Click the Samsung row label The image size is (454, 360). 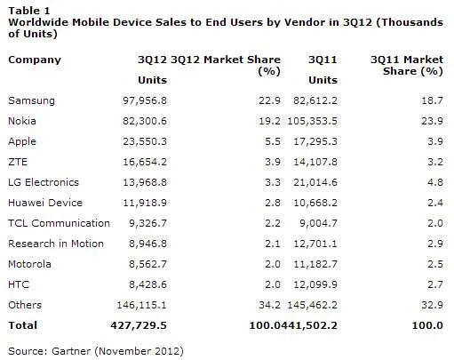pyautogui.click(x=31, y=100)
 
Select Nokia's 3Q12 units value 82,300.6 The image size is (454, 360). pyautogui.click(x=145, y=121)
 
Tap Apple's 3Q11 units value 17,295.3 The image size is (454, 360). pyautogui.click(x=315, y=141)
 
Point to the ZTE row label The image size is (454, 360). pyautogui.click(x=18, y=162)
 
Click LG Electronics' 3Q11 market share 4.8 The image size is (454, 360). pyautogui.click(x=435, y=182)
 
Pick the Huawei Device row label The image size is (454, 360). pyautogui.click(x=45, y=203)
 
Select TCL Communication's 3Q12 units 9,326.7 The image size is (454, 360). pyautogui.click(x=147, y=223)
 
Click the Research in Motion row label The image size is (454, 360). pyautogui.click(x=56, y=244)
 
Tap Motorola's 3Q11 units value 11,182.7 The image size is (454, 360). pyautogui.click(x=315, y=264)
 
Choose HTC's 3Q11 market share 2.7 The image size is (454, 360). pyautogui.click(x=435, y=284)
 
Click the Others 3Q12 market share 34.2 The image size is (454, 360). pyautogui.click(x=269, y=305)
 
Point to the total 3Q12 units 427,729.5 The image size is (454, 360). pyautogui.click(x=139, y=325)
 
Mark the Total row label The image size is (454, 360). pyautogui.click(x=23, y=325)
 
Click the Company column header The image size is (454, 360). pyautogui.click(x=35, y=60)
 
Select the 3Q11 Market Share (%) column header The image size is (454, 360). pyautogui.click(x=407, y=66)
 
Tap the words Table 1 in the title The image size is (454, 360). pyautogui.click(x=29, y=11)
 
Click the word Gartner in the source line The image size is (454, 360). pyautogui.click(x=71, y=351)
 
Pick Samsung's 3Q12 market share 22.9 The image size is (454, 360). pyautogui.click(x=269, y=100)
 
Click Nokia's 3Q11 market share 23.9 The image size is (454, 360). pyautogui.click(x=432, y=121)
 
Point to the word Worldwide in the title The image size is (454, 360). pyautogui.click(x=38, y=22)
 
